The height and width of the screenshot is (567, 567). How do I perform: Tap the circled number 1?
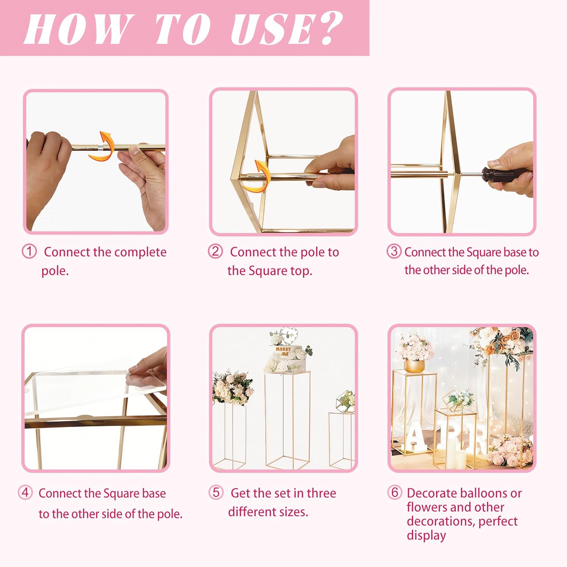pyautogui.click(x=29, y=251)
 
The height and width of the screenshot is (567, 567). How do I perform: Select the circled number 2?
pyautogui.click(x=215, y=251)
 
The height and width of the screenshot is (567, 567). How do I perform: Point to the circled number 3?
pyautogui.click(x=394, y=251)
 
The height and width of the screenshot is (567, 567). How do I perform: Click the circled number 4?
pyautogui.click(x=25, y=492)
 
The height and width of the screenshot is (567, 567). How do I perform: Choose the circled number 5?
pyautogui.click(x=216, y=492)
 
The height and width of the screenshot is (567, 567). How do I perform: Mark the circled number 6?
pyautogui.click(x=395, y=492)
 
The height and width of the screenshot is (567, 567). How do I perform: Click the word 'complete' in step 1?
pyautogui.click(x=143, y=252)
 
